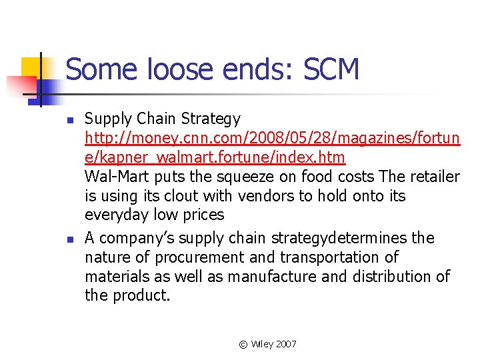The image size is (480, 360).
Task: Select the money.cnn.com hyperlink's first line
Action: point(272,138)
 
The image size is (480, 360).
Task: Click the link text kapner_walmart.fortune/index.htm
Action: point(215,157)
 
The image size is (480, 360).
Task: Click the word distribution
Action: point(385,276)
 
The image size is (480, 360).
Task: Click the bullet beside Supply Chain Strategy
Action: point(70,120)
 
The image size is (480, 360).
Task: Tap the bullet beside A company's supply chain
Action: point(70,239)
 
